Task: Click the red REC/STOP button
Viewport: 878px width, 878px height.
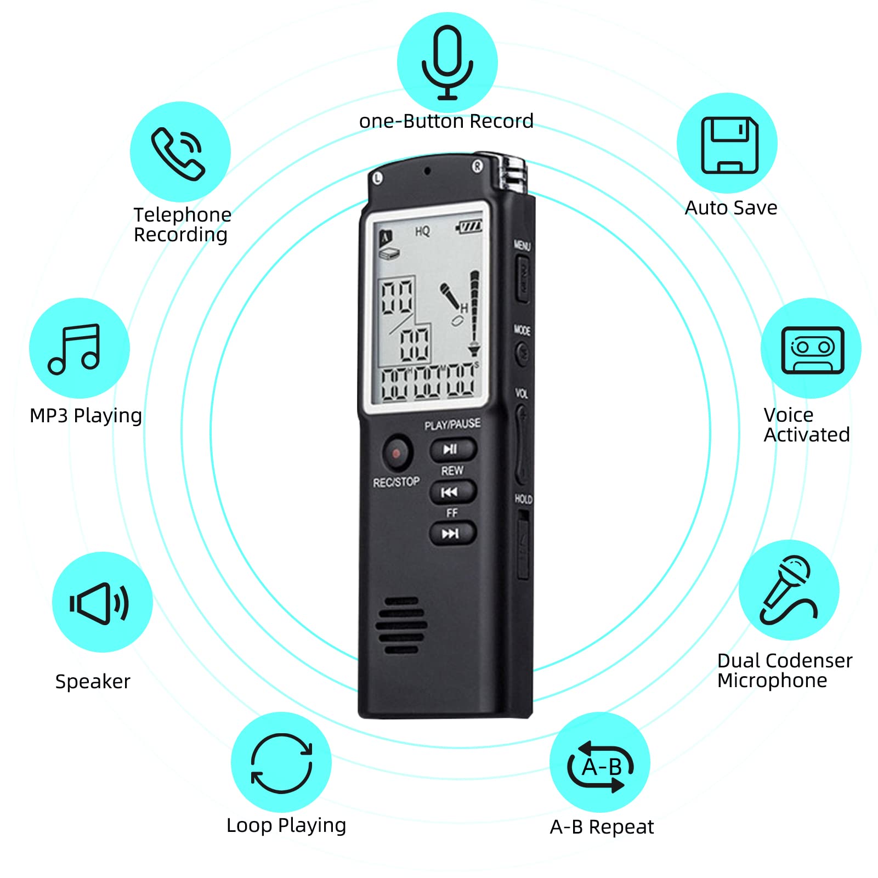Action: click(x=396, y=453)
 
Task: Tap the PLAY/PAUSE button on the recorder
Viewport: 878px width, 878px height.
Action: click(x=452, y=449)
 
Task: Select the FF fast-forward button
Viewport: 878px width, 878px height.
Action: click(x=452, y=533)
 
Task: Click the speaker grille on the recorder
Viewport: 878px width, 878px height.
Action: click(x=400, y=625)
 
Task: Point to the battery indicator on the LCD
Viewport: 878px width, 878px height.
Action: click(x=470, y=226)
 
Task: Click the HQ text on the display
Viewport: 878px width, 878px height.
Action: click(x=422, y=231)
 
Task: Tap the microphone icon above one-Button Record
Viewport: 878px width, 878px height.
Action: click(x=447, y=62)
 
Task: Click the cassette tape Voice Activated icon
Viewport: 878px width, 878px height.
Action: click(x=812, y=349)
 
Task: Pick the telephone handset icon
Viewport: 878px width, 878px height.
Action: click(x=178, y=154)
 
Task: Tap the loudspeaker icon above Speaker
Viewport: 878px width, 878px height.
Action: click(x=99, y=603)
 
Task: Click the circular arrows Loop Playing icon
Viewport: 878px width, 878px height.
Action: click(x=281, y=763)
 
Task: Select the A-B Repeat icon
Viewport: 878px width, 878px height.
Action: click(x=601, y=766)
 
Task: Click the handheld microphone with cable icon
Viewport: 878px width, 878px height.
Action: click(x=789, y=590)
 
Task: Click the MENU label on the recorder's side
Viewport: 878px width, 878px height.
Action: click(x=522, y=245)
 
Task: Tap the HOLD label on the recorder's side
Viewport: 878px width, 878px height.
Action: click(x=523, y=499)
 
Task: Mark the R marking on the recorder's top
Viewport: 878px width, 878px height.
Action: click(x=477, y=166)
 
